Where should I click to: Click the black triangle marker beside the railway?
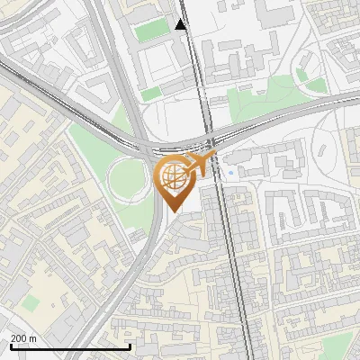pos(182,24)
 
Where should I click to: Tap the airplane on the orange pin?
pos(201,164)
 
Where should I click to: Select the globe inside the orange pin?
pos(173,177)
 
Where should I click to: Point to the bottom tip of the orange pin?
pos(173,211)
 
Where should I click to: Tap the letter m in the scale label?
pos(33,338)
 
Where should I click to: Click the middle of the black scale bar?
pos(69,346)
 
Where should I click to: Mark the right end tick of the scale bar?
pos(130,346)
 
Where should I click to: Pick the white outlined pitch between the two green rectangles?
pos(160,63)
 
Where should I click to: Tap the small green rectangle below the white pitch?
pos(151,93)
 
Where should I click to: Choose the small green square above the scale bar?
pos(31,303)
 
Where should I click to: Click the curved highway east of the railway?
pos(288,112)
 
